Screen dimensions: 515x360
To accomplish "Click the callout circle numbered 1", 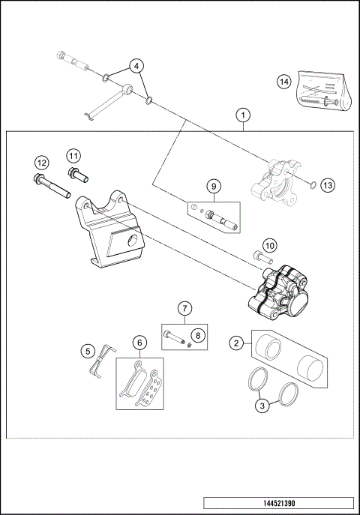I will (x=241, y=115).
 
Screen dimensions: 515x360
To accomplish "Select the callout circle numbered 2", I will (x=236, y=343).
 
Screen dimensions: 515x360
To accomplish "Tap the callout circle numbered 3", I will (x=262, y=406).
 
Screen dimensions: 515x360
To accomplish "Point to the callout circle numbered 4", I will (x=136, y=65).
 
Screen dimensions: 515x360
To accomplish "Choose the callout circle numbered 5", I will (x=88, y=350).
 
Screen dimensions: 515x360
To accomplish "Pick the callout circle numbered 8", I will (x=198, y=335).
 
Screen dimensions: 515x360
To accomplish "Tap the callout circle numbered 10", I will (x=269, y=244).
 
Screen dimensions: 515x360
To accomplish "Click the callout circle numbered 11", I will (x=73, y=155).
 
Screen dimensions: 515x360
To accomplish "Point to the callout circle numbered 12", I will (x=42, y=163).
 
